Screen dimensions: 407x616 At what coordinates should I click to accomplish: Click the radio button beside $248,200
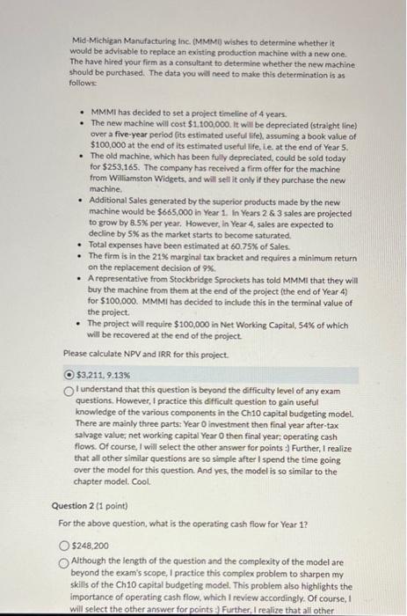[x=69, y=546]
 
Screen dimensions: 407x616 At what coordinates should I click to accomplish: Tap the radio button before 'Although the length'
[x=69, y=561]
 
